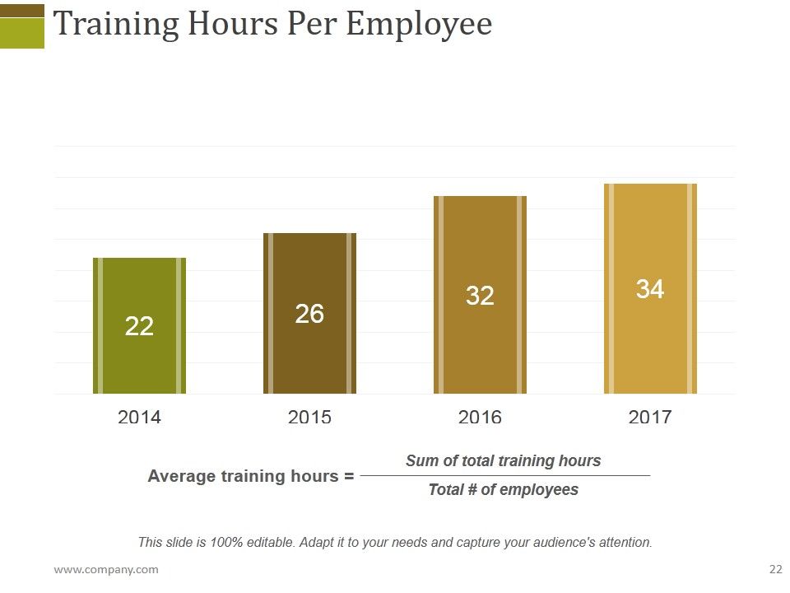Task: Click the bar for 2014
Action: click(x=140, y=326)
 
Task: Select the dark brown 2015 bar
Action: click(x=310, y=313)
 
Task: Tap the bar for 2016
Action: click(x=480, y=295)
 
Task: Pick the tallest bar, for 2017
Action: click(x=650, y=288)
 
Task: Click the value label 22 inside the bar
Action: click(x=139, y=326)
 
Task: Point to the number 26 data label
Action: click(x=309, y=314)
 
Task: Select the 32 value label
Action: click(x=480, y=296)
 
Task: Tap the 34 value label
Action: click(x=650, y=289)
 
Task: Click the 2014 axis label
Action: click(x=139, y=417)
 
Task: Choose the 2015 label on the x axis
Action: click(x=309, y=417)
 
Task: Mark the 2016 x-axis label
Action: click(x=480, y=417)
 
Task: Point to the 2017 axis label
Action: click(x=650, y=417)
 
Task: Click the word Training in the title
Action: click(x=116, y=24)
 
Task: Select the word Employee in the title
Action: click(x=419, y=24)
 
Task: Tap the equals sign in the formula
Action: click(x=349, y=476)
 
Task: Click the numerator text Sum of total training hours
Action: click(x=504, y=460)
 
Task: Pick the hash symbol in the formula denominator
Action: click(x=471, y=489)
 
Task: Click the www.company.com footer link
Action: click(x=106, y=570)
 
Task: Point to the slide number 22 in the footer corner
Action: click(x=776, y=569)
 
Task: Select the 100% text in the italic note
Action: click(x=226, y=543)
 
